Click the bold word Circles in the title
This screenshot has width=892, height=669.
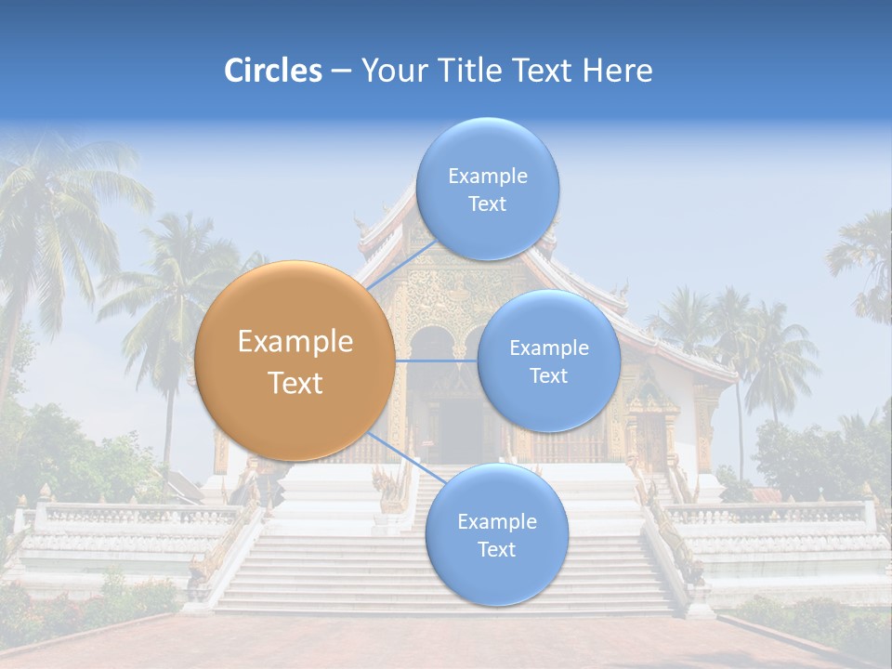(x=272, y=71)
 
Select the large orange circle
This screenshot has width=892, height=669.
(x=295, y=361)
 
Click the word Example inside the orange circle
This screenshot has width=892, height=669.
(x=295, y=342)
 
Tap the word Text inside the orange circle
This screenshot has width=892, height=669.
(x=295, y=383)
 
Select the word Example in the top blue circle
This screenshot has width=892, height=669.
(x=487, y=176)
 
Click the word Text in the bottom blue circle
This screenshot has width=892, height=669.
(x=496, y=549)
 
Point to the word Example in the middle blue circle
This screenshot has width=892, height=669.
(x=548, y=348)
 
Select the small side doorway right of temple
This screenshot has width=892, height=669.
(x=651, y=437)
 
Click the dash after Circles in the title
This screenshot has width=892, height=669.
(x=340, y=72)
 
